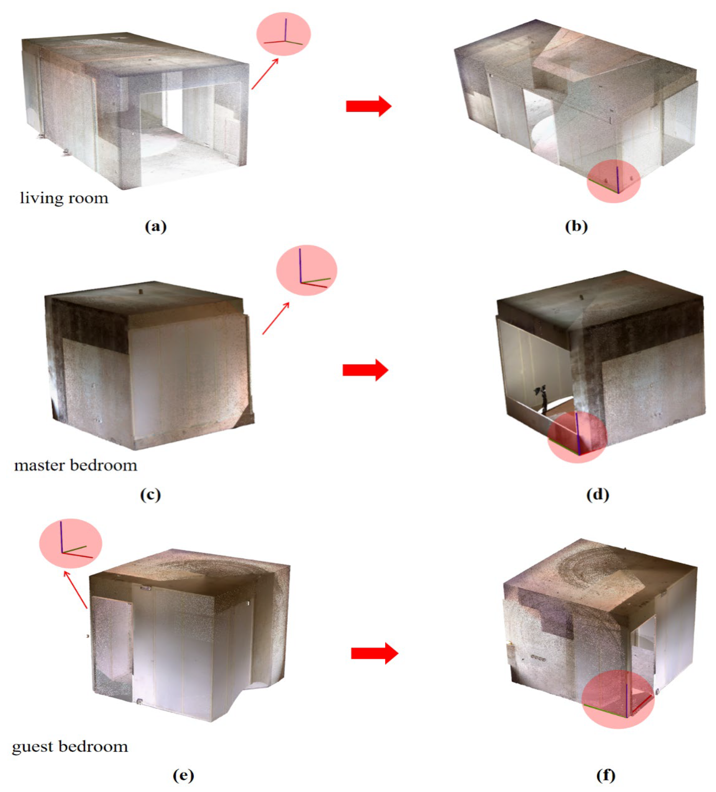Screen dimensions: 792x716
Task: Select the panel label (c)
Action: click(150, 494)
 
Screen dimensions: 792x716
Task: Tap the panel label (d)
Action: click(597, 494)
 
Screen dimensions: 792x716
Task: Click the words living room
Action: click(64, 198)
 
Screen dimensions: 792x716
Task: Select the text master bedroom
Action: click(76, 465)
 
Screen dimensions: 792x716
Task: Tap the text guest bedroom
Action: click(70, 746)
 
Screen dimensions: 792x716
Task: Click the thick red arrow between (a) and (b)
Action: click(368, 106)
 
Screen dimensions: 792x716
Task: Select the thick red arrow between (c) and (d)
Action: click(365, 370)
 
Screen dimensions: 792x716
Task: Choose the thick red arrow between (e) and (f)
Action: click(374, 653)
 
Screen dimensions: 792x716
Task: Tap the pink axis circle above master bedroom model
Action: click(306, 270)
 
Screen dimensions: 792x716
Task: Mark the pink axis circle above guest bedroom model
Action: click(71, 543)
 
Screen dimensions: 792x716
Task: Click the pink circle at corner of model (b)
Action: click(614, 181)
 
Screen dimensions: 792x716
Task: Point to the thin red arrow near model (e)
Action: click(75, 590)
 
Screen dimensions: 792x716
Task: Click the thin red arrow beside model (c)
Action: click(276, 318)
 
